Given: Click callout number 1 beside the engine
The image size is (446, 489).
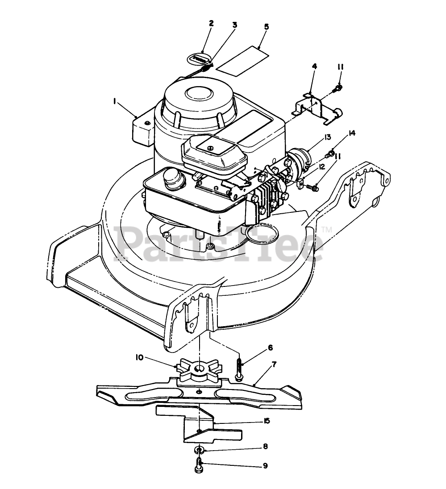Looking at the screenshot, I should (x=115, y=102).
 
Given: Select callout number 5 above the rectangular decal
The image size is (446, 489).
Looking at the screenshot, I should (x=266, y=27).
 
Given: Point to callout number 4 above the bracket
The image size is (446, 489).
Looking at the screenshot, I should (x=314, y=66).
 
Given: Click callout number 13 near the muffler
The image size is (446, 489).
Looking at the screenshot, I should (x=327, y=137).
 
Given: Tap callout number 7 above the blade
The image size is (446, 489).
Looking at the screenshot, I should (x=274, y=365).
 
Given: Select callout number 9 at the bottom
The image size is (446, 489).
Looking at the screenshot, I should (x=265, y=465).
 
